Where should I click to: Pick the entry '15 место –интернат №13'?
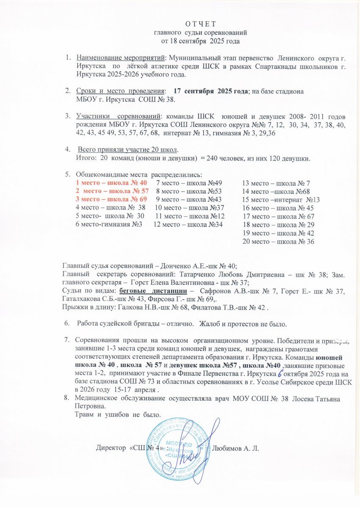pos(280,199)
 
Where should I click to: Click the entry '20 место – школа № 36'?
pos(278,241)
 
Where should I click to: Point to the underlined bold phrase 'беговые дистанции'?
pos(153,291)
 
